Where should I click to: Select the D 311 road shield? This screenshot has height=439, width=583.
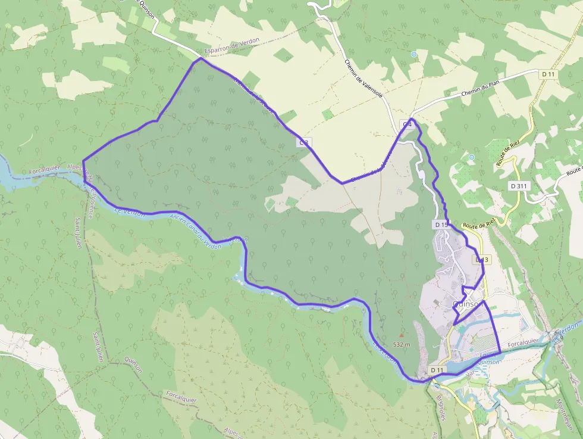[x=519, y=186]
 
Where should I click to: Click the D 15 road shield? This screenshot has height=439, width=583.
[x=441, y=225]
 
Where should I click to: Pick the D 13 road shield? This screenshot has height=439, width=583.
[x=482, y=260]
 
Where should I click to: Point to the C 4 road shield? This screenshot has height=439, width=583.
[x=408, y=124]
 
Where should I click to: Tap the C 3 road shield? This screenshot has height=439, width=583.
[x=304, y=143]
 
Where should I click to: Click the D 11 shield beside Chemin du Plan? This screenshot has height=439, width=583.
[x=548, y=74]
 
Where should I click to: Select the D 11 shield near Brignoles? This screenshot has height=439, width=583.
[x=438, y=370]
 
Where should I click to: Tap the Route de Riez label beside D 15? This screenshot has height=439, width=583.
[x=479, y=225]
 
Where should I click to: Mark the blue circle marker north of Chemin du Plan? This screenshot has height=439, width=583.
[x=414, y=54]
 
